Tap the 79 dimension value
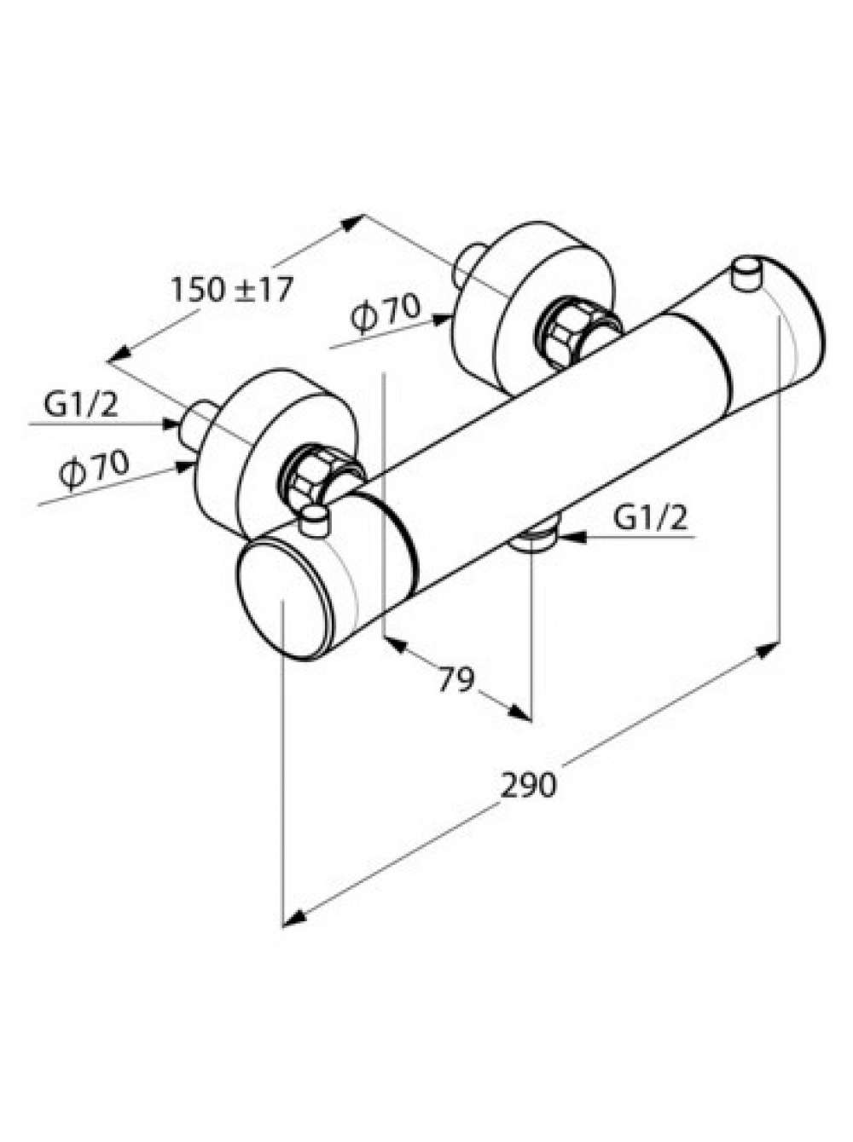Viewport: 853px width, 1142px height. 456,679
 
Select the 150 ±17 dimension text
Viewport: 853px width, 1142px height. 232,289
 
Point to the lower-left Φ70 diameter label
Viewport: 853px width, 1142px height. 94,470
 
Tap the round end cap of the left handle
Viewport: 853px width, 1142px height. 283,600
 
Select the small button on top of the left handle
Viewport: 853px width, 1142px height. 315,520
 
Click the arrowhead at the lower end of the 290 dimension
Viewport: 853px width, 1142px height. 293,918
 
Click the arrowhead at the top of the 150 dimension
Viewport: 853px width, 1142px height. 352,222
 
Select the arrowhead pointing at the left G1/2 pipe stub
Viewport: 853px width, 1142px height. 171,424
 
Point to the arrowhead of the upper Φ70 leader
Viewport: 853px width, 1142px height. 442,319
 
